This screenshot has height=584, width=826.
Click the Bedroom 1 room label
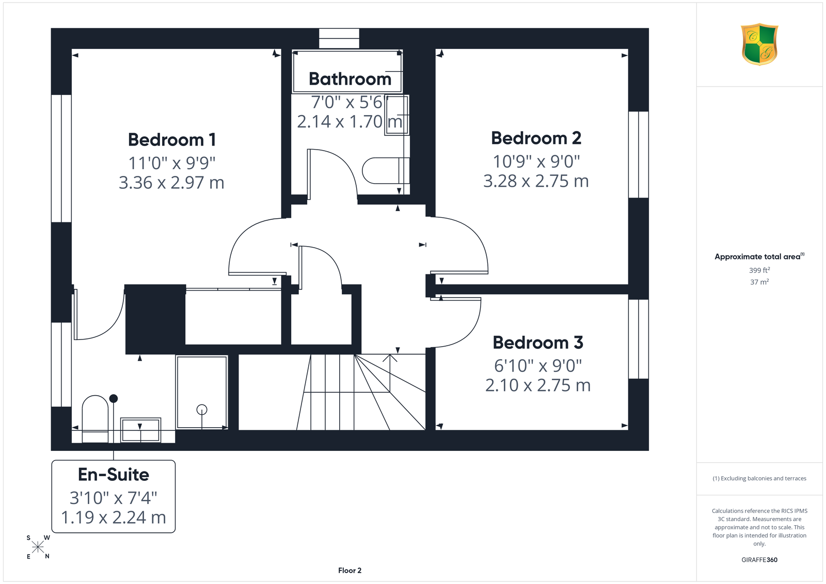coord(172,140)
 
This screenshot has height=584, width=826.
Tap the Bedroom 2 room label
coord(536,138)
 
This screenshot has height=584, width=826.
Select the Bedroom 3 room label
coord(538,343)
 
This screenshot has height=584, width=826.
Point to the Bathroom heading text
coord(350,79)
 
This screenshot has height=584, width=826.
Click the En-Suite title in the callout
coord(114,475)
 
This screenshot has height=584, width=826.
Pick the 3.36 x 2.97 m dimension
coord(171,183)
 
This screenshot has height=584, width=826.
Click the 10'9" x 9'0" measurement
coord(536,161)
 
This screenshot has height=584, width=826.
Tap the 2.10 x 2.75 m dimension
coord(538,385)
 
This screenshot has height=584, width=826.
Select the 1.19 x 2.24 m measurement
coord(114,517)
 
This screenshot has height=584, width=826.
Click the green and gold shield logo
coord(759,44)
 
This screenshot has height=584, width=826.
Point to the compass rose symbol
coord(38,547)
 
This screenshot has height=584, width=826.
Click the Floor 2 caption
coord(350,571)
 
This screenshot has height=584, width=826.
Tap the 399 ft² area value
coord(759,270)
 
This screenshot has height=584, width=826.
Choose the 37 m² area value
coord(759,282)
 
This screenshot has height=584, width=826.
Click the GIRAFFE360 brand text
coord(759,560)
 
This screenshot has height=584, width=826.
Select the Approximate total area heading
coord(759,256)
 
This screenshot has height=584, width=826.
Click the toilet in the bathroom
coord(386,171)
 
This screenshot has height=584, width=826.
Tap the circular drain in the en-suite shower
coord(202,409)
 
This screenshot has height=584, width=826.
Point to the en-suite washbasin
coord(140,430)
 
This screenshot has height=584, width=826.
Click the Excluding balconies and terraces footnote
coord(759,478)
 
